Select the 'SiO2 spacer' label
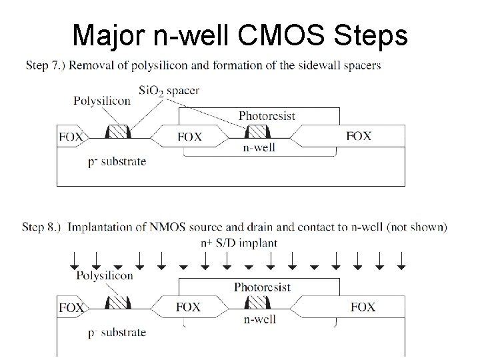[x=169, y=89]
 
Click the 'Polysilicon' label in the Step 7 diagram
[x=101, y=101]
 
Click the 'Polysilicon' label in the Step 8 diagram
[x=104, y=275]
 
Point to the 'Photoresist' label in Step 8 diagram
[x=263, y=287]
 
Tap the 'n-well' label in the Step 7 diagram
[x=259, y=147]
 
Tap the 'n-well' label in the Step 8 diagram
[x=259, y=319]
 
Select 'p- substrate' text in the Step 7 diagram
[x=117, y=161]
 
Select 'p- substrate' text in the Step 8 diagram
[x=117, y=333]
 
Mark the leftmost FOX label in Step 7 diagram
[x=71, y=137]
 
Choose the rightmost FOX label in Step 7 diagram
[x=359, y=135]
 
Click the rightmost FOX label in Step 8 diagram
[x=363, y=307]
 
